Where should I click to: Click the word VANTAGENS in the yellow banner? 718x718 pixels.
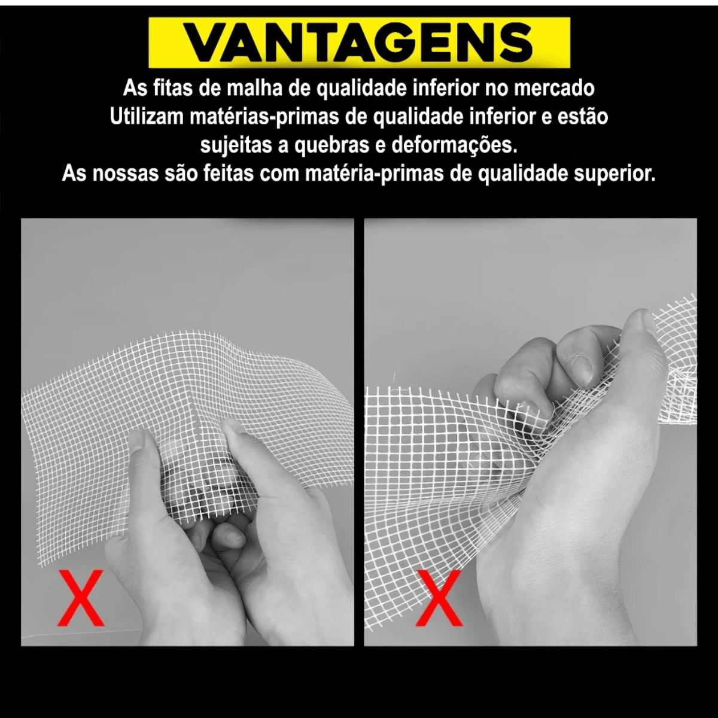358,43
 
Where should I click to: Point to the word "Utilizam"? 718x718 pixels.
147,117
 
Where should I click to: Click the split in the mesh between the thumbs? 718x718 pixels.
194,413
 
